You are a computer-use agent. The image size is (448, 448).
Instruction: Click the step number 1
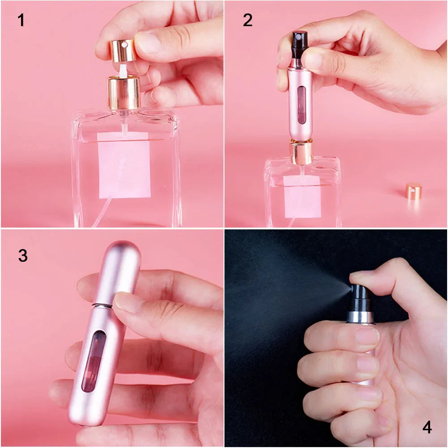click(x=21, y=20)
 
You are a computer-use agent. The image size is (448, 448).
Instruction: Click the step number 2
click(x=248, y=20)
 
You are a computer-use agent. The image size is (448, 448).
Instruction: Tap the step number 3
click(x=23, y=256)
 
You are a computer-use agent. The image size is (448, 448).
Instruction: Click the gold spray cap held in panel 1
click(x=121, y=50)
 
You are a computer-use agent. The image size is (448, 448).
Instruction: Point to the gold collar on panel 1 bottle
click(x=124, y=92)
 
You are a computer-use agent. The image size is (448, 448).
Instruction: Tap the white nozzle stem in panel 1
click(x=122, y=70)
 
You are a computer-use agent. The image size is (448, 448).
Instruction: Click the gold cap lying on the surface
click(x=414, y=191)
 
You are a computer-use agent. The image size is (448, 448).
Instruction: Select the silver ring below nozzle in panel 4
click(x=360, y=317)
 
